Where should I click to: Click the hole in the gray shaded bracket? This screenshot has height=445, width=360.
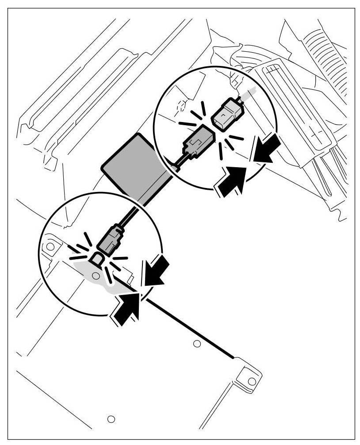point(94,276)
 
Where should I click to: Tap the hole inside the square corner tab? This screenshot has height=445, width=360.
point(251,380)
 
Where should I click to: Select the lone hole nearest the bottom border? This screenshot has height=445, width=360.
point(111,418)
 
